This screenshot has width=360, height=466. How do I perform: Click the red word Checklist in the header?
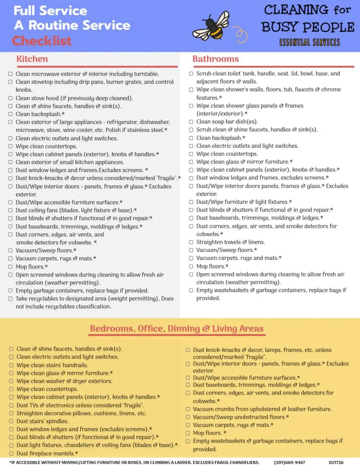point(42,41)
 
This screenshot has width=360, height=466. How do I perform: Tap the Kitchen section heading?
point(32,59)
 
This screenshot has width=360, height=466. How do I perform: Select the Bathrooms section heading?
point(216,59)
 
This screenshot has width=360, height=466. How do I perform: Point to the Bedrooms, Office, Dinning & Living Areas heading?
point(177,329)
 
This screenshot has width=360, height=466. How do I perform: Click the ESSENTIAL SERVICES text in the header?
point(310,42)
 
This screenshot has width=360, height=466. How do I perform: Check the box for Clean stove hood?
point(10,98)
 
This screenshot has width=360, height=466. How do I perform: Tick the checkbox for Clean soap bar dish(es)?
point(191,122)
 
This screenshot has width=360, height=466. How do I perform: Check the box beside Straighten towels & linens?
point(191,242)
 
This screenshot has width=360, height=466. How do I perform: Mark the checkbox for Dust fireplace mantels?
point(11,453)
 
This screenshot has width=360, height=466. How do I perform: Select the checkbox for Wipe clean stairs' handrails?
point(11,365)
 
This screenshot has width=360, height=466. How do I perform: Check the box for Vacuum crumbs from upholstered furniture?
point(188,409)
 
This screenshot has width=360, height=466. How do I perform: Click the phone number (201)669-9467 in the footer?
point(289,463)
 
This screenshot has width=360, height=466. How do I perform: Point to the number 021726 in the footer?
point(336,463)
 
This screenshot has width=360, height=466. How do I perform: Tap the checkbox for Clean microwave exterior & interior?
point(10,74)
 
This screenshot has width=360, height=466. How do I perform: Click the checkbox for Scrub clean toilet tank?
point(191,74)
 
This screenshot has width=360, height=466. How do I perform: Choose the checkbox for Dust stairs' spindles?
point(11,421)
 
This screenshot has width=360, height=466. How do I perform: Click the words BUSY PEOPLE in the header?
point(308,27)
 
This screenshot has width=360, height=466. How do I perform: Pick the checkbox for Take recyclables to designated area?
point(10,299)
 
